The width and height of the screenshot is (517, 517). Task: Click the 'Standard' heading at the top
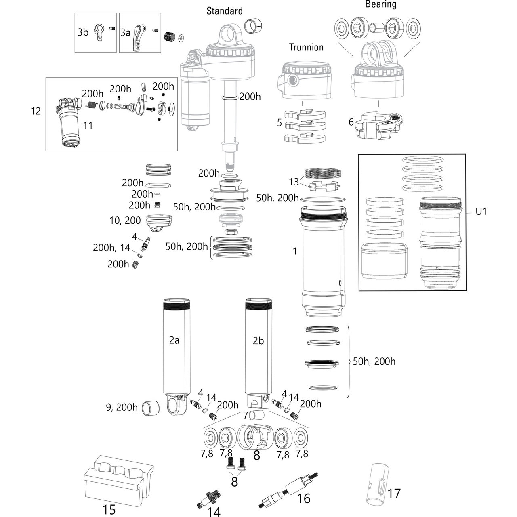(x=225, y=11)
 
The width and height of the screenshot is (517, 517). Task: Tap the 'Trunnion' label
(x=306, y=47)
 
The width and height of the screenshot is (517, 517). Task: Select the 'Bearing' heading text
(x=380, y=4)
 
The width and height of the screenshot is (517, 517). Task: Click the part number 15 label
(x=109, y=510)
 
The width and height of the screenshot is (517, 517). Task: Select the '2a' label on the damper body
(x=174, y=340)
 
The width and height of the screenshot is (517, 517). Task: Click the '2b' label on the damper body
(x=258, y=340)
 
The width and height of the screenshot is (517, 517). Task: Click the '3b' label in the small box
(x=83, y=32)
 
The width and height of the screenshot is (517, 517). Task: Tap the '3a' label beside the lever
(x=125, y=32)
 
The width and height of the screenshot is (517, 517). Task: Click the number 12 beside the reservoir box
(x=36, y=111)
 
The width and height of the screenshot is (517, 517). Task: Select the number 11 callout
(x=88, y=126)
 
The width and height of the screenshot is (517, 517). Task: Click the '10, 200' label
(x=125, y=220)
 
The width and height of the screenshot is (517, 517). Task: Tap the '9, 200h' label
(x=121, y=407)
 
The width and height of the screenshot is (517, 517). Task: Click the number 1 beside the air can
(x=295, y=251)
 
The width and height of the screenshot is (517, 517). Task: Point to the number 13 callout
(x=294, y=182)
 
